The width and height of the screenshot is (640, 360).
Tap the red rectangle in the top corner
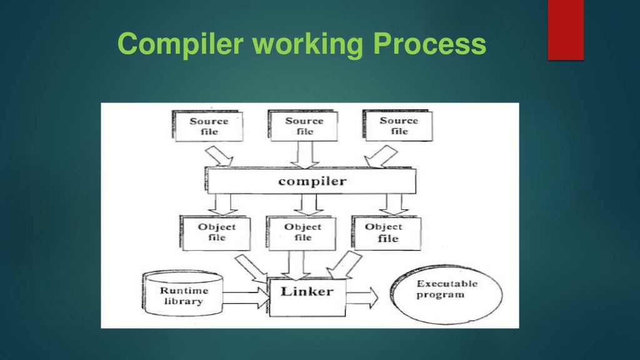click(x=566, y=29)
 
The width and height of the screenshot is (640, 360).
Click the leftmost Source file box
click(x=209, y=126)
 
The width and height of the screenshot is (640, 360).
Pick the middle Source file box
click(x=304, y=126)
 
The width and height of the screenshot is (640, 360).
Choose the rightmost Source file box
click(x=399, y=126)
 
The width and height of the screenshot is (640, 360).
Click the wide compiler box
click(x=311, y=181)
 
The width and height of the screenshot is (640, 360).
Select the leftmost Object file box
click(x=216, y=233)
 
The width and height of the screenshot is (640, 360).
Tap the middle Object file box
click(x=302, y=233)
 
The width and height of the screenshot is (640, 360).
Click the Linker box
click(x=306, y=292)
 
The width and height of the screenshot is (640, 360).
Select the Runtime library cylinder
click(x=182, y=296)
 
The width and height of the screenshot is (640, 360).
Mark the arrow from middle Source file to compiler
click(x=304, y=154)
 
